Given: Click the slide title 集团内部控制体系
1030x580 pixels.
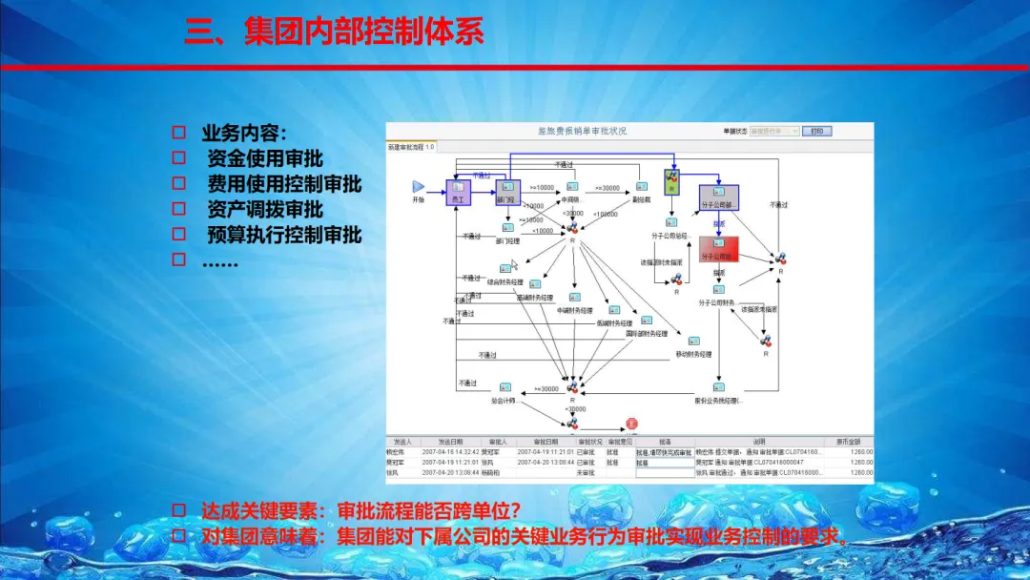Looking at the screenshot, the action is [x=334, y=31].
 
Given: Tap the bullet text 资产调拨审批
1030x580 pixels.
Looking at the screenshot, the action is [x=264, y=209].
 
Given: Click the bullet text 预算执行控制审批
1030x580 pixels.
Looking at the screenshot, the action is [x=284, y=234].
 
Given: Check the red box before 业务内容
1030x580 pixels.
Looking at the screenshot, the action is [x=178, y=134].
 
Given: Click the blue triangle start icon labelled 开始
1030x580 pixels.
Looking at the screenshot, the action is [x=418, y=186].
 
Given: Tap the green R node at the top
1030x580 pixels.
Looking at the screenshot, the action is [x=671, y=178].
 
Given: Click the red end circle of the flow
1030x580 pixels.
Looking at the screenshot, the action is [x=630, y=423].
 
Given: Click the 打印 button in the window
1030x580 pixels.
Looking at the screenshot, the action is [x=816, y=131].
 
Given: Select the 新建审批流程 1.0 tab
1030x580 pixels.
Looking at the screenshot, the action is [x=411, y=146].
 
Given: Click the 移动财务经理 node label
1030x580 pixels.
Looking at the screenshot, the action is [x=693, y=355].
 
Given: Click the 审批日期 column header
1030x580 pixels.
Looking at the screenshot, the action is [x=546, y=443].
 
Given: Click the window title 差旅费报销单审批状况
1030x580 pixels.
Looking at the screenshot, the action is [x=583, y=131].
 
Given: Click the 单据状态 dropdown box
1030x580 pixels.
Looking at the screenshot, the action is [x=773, y=131].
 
